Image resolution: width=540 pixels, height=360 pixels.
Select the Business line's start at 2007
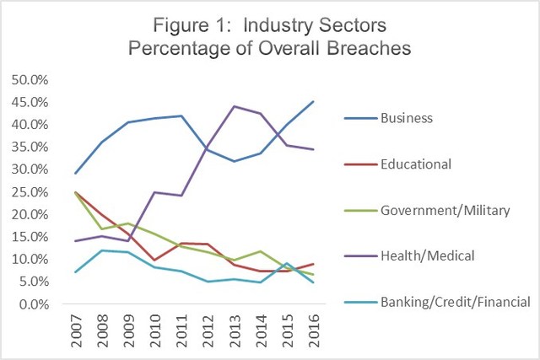pyautogui.click(x=77, y=174)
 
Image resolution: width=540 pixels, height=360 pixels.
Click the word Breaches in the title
pyautogui.click(x=365, y=48)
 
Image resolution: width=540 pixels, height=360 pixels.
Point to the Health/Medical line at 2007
pyautogui.click(x=77, y=241)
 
